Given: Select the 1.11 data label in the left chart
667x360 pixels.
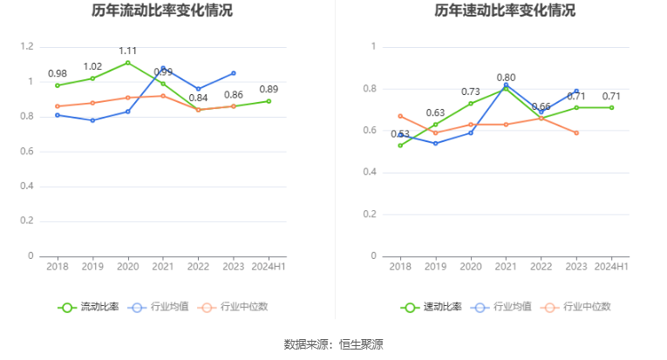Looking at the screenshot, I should point(128,51).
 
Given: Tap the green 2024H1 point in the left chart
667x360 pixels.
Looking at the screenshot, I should point(269,101).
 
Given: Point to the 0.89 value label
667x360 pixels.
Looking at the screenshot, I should point(269,89).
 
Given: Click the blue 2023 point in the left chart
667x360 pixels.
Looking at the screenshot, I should point(234,73).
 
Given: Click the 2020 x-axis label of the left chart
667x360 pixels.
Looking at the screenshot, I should point(128,266).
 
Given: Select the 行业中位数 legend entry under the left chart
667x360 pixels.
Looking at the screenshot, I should point(233,307).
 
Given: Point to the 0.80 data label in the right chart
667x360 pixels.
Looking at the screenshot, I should point(506,78).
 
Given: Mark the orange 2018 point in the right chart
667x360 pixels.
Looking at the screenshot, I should point(400,116).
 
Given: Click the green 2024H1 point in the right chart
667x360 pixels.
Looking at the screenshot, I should point(611,107).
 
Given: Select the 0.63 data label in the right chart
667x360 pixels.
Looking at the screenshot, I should point(435,112).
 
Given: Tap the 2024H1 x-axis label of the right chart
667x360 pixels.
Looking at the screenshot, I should point(611,266).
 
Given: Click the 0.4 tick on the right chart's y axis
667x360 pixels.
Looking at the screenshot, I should point(373,173).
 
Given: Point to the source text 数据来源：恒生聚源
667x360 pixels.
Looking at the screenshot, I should point(333,343).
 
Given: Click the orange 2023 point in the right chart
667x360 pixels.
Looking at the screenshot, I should point(576,132).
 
